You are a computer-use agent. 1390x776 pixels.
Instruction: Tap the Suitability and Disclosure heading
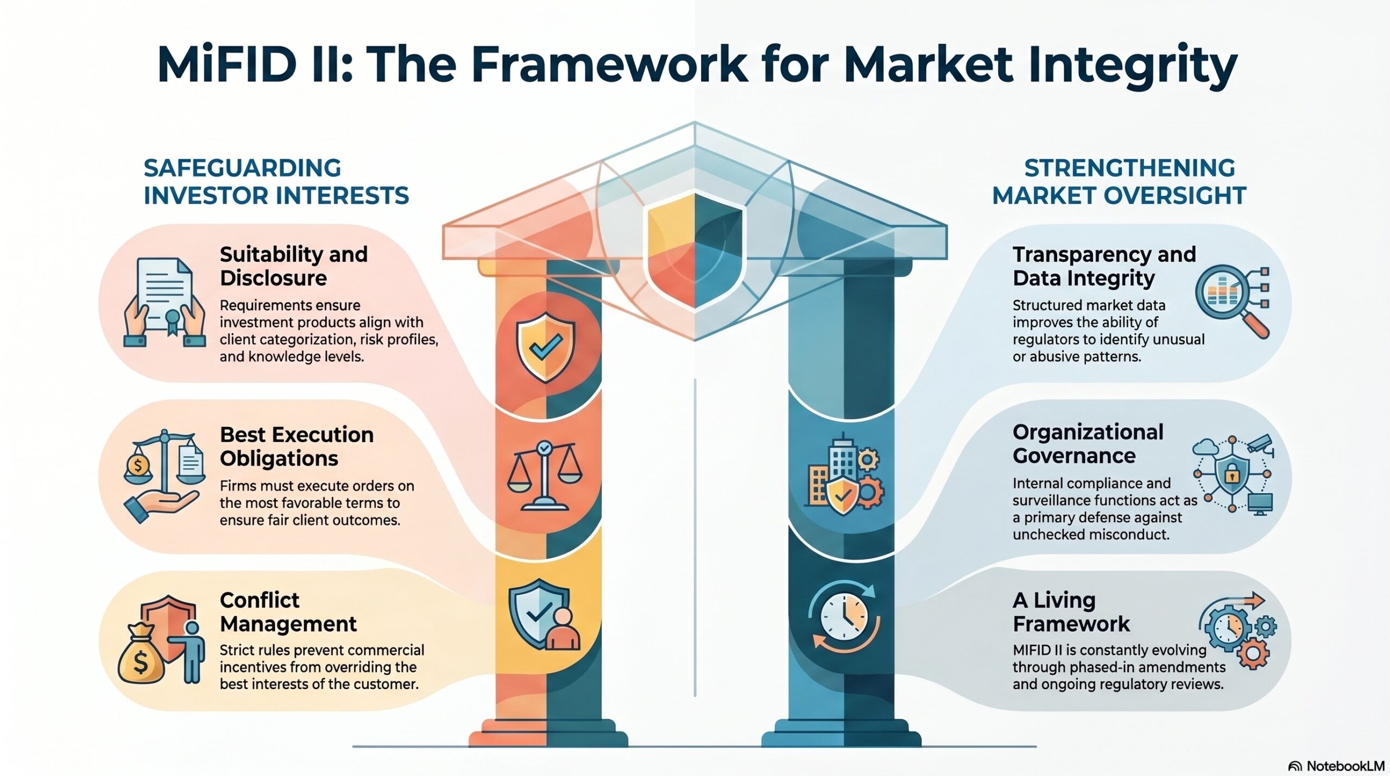tap(294, 266)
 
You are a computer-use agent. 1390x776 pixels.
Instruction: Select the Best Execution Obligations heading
tap(296, 446)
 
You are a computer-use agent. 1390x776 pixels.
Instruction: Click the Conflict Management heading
tap(288, 612)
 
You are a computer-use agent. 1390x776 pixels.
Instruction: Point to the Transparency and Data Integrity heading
tap(1104, 266)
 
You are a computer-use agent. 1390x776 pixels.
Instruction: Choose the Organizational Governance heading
tap(1088, 444)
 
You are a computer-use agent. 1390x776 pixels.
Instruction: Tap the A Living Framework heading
tap(1071, 612)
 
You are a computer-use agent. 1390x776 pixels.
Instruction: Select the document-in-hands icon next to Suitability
tap(165, 302)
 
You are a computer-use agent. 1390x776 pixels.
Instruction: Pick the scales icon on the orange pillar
tap(544, 476)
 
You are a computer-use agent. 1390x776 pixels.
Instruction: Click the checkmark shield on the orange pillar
tap(545, 346)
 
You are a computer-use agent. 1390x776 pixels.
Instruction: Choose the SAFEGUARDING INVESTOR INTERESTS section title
tap(276, 181)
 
